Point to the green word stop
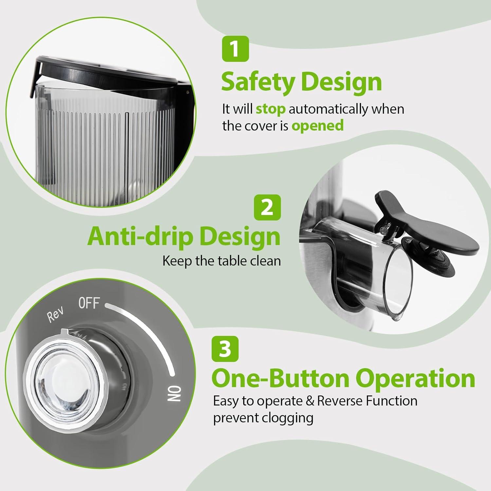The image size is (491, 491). [x=270, y=109]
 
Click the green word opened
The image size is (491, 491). [x=317, y=126]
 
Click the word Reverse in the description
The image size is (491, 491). [x=339, y=401]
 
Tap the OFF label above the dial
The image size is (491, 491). [x=89, y=303]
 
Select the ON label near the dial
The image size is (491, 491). [x=175, y=393]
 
